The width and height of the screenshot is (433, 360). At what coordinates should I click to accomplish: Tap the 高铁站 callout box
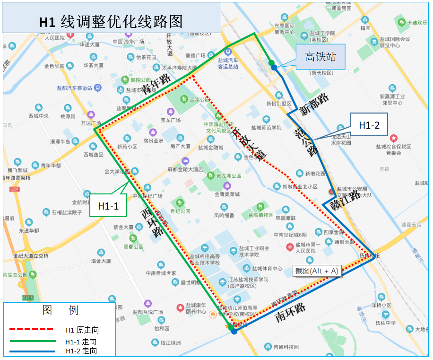pos(320,57)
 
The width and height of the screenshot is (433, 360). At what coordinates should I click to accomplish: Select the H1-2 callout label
pos(369,125)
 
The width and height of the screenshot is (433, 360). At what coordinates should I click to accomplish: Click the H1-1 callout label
pos(108,206)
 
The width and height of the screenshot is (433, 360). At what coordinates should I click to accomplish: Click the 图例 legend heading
pos(60,310)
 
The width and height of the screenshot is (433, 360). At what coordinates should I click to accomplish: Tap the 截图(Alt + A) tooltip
pos(317,271)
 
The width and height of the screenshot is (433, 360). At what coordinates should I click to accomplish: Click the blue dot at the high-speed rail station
pos(274,68)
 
